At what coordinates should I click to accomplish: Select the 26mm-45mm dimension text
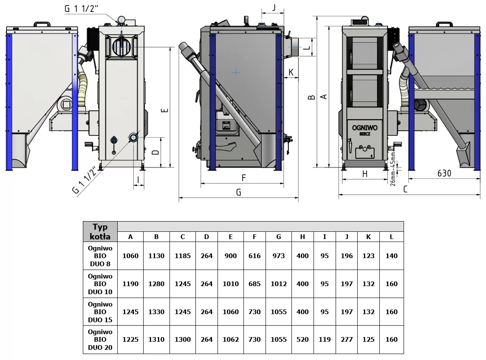click(x=393, y=169)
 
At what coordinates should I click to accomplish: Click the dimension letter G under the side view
click(x=238, y=192)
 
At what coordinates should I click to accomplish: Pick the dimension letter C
click(x=405, y=189)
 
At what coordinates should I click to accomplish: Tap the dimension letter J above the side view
click(x=274, y=7)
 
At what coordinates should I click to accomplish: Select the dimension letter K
click(x=291, y=72)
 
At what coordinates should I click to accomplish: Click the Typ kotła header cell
click(x=100, y=232)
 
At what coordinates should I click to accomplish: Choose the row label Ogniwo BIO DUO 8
click(x=100, y=256)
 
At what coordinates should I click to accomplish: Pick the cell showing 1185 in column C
click(x=183, y=256)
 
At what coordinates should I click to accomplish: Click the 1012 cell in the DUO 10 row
click(x=279, y=284)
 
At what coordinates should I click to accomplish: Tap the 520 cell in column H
click(x=302, y=340)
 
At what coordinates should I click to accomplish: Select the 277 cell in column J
click(x=347, y=340)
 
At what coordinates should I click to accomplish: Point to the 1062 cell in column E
click(x=231, y=340)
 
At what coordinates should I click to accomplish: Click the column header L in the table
click(x=391, y=237)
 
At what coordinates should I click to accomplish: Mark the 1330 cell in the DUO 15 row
click(x=156, y=312)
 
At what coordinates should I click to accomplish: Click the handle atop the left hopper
click(x=42, y=24)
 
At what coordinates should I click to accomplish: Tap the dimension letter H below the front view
click(x=365, y=173)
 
